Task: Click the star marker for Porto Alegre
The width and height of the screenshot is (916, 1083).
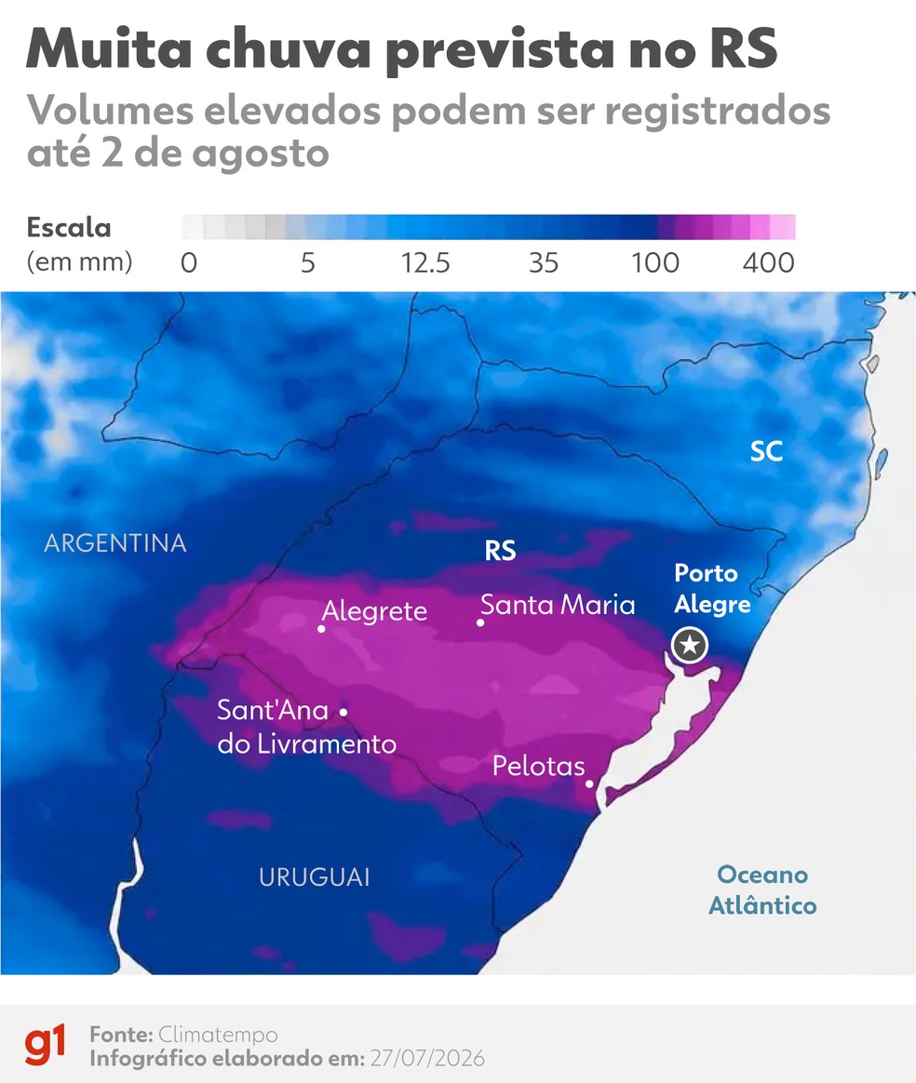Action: point(690,645)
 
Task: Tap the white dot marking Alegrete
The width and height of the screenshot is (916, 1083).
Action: point(321,629)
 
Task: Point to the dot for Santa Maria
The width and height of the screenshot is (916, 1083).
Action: point(480,622)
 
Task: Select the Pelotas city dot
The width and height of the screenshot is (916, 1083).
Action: point(589,783)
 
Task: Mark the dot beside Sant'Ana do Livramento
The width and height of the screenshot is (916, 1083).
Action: point(343,711)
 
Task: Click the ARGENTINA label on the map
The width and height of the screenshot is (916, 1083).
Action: point(115,542)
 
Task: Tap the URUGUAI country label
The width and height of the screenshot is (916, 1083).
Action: point(315,877)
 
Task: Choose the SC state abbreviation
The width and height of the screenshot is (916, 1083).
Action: point(766,451)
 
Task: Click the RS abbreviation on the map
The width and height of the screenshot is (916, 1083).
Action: point(500,551)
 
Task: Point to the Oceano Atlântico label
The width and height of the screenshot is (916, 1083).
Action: point(762,889)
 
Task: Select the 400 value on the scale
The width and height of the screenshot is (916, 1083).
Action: point(769,263)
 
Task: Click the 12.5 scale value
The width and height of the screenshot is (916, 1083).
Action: point(425,263)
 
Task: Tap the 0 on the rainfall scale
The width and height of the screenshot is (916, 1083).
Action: point(189,263)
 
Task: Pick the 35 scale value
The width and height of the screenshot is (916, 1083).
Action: point(544,263)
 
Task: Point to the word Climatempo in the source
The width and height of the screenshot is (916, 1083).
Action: point(218,1035)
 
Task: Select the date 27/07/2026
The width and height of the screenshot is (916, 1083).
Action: point(427,1059)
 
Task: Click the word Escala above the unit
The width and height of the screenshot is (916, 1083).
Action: point(69,227)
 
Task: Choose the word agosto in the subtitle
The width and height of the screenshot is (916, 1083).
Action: point(261,154)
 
